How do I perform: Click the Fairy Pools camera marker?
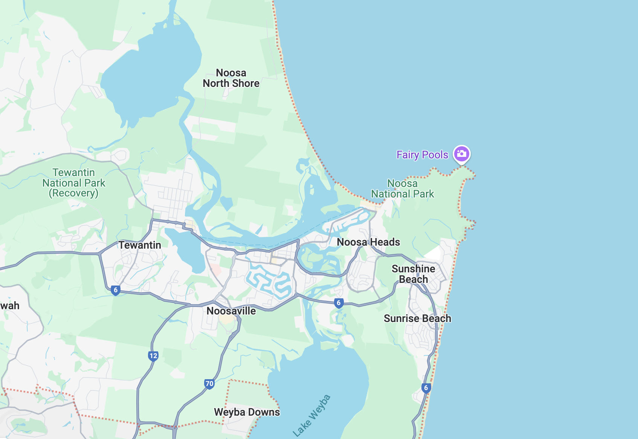(461, 154)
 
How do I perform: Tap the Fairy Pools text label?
(422, 155)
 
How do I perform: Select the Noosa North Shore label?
(231, 78)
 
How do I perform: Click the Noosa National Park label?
(403, 188)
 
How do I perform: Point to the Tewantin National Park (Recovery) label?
(74, 183)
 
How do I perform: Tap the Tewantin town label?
(140, 245)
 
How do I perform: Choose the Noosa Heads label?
(368, 242)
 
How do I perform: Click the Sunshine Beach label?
(413, 274)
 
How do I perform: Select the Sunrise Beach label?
(417, 319)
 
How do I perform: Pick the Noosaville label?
(231, 311)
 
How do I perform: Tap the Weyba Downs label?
(247, 412)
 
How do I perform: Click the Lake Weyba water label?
(312, 416)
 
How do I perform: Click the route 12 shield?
(153, 356)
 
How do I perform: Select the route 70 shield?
(209, 384)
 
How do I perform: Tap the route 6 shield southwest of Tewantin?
(116, 290)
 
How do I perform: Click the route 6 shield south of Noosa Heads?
(339, 303)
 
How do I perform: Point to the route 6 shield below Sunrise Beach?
(426, 388)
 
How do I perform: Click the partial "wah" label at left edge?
(10, 306)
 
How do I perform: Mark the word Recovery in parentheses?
(74, 193)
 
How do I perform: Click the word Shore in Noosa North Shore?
(246, 84)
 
